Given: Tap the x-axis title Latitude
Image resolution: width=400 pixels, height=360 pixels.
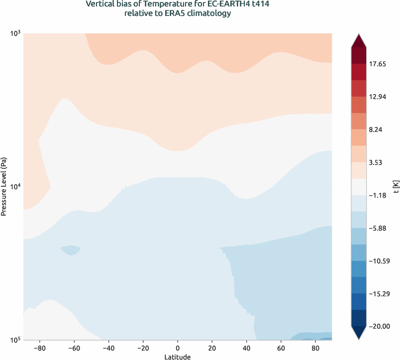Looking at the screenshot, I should pos(178,357).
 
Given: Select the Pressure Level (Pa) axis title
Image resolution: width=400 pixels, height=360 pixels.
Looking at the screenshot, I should pos(4,187).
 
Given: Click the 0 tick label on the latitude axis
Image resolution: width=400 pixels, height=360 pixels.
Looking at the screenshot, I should pos(178,348).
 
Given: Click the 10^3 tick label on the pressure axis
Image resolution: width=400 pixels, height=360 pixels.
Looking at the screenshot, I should pos(15,33).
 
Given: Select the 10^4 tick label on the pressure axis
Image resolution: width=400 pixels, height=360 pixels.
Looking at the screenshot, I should pos(15,187).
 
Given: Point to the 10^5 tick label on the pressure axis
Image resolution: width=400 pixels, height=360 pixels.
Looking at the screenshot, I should pos(15,340).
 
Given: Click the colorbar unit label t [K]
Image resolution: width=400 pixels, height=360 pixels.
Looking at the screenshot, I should pos(396,187).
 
